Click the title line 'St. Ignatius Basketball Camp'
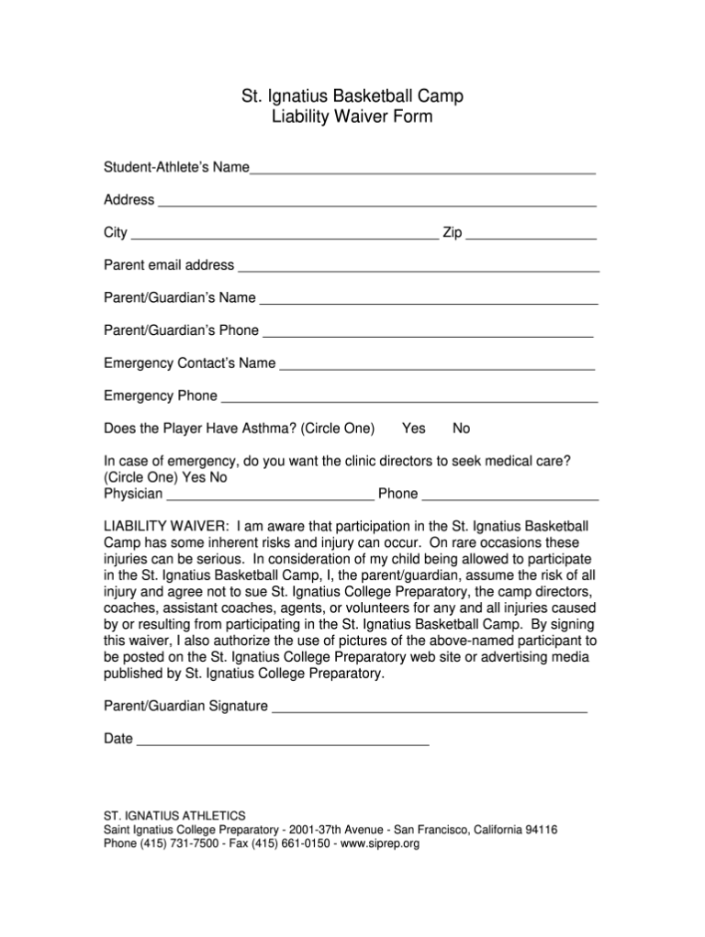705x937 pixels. pyautogui.click(x=352, y=95)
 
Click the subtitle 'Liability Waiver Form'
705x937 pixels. pyautogui.click(x=352, y=117)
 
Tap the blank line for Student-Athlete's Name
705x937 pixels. pyautogui.click(x=423, y=171)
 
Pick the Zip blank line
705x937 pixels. pyautogui.click(x=532, y=236)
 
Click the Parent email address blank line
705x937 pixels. pyautogui.click(x=419, y=269)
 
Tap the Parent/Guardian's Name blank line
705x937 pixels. pyautogui.click(x=429, y=301)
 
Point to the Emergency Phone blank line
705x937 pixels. pyautogui.click(x=410, y=399)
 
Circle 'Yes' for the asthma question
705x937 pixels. pyautogui.click(x=414, y=429)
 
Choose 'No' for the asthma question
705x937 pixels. pyautogui.click(x=462, y=429)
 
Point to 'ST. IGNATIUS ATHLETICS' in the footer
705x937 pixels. pyautogui.click(x=174, y=815)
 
